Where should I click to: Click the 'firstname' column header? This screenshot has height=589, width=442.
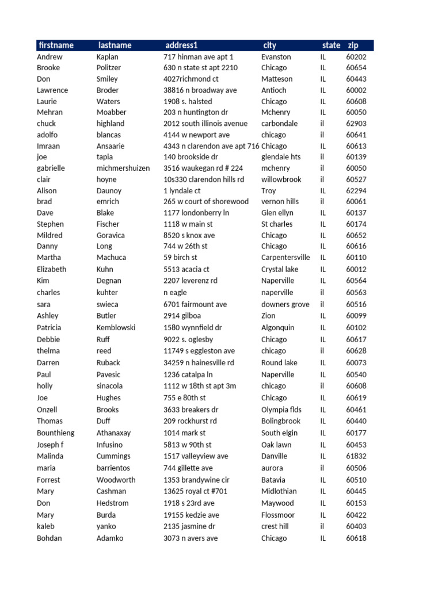[56, 45]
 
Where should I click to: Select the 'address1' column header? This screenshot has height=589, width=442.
[181, 45]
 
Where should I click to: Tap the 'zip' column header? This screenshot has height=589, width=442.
[353, 45]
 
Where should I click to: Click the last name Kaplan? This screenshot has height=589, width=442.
[108, 57]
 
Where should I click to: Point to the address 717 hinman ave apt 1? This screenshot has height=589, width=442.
[199, 57]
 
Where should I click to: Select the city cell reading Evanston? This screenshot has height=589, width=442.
[276, 57]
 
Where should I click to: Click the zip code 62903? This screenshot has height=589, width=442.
[356, 124]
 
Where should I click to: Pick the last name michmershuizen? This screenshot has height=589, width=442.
[123, 168]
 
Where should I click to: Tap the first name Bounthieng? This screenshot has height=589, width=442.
[55, 433]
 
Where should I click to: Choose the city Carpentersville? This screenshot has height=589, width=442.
[285, 258]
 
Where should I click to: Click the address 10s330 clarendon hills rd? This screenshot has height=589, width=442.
[204, 179]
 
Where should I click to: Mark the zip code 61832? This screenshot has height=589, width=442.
[356, 456]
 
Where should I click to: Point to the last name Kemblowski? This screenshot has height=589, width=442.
[116, 327]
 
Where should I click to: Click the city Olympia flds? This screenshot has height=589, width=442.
[281, 410]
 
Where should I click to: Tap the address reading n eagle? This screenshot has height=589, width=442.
[176, 292]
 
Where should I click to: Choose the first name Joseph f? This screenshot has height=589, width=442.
[50, 445]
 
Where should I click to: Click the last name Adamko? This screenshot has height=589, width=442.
[110, 538]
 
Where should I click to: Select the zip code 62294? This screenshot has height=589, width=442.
[356, 190]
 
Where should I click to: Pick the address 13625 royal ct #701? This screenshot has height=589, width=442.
[196, 491]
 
